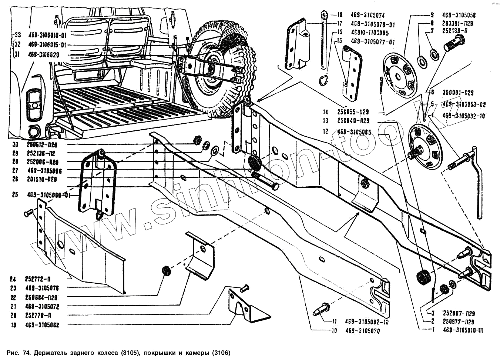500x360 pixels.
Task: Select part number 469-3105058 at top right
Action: point(459,15)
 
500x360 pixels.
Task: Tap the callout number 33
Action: point(16,35)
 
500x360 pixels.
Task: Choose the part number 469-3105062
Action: point(43,325)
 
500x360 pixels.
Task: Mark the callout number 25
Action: point(15,194)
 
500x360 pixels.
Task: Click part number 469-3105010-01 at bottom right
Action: point(463,330)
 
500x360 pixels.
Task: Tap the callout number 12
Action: point(326,131)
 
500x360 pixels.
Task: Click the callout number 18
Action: point(340,16)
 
